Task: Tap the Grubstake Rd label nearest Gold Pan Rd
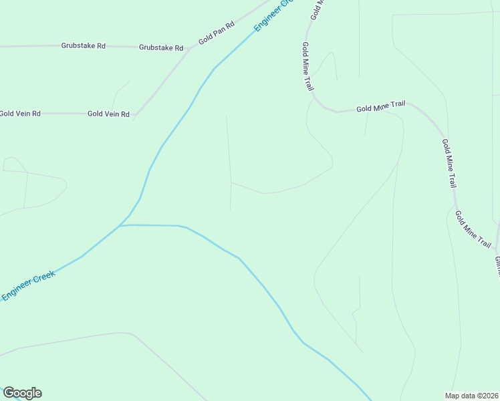(161, 48)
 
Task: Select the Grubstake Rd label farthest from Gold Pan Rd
(84, 46)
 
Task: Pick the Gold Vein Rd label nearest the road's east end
(108, 114)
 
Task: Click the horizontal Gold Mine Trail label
(381, 107)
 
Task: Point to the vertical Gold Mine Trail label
(307, 66)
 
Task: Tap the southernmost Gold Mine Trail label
(473, 229)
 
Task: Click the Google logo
(22, 393)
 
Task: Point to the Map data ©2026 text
(471, 395)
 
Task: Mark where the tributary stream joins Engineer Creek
(120, 226)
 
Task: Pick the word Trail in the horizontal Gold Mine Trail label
(398, 104)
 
